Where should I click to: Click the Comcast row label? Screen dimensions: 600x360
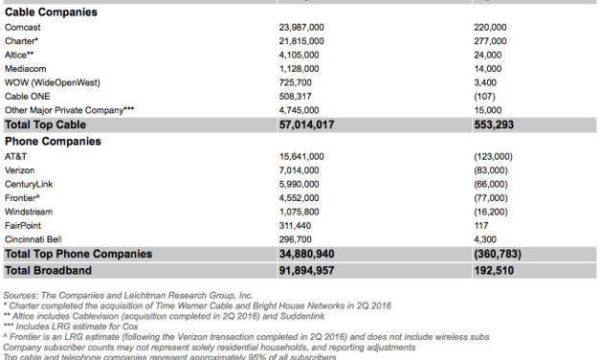tap(22, 27)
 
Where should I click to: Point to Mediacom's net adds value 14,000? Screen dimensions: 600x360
tap(491, 69)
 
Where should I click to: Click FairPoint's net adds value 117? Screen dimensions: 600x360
tap(482, 225)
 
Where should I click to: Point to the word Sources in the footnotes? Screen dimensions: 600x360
tap(22, 296)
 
